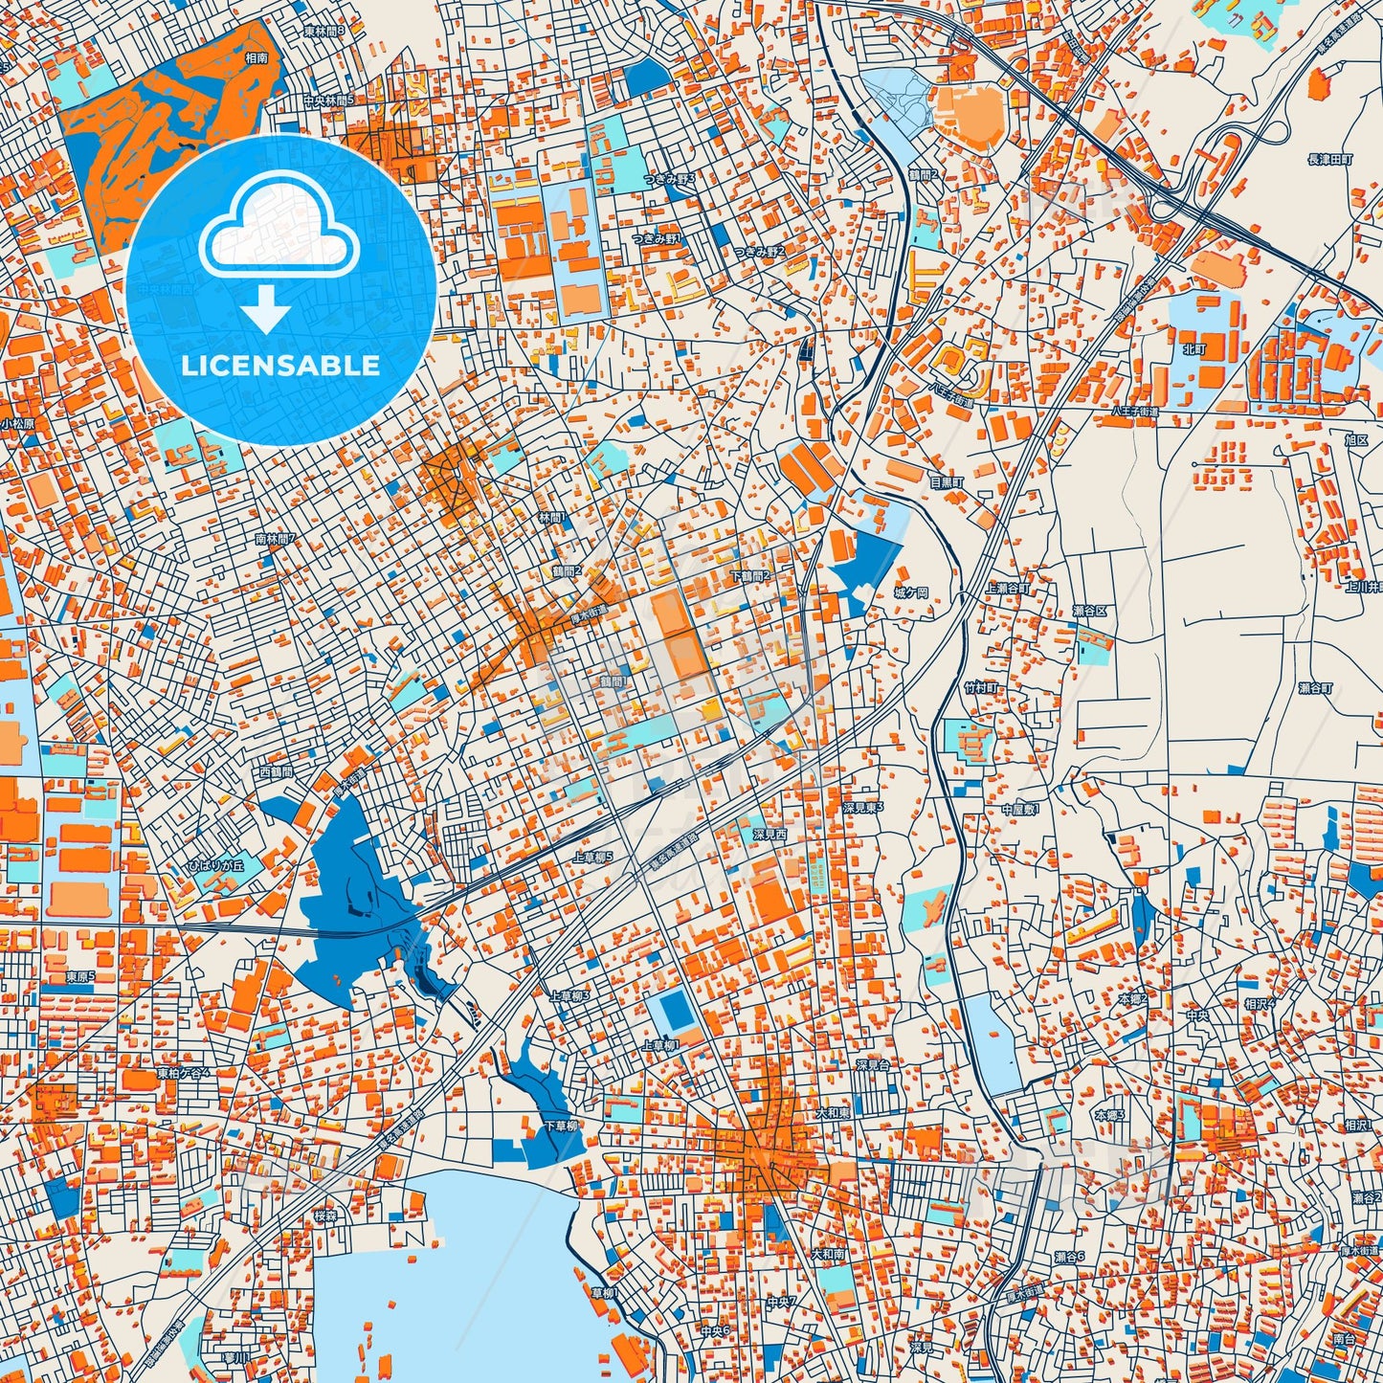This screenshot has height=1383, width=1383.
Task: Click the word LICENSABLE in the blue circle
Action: pos(280,366)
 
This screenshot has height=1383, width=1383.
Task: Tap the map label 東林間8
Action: pos(323,31)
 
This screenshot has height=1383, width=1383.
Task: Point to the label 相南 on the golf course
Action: pos(256,57)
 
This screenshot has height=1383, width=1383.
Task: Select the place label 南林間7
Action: pos(276,539)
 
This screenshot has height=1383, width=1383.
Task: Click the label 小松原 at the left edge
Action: pos(17,423)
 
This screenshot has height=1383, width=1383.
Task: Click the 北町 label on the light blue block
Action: pos(1194,349)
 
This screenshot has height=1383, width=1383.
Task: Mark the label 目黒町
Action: pos(946,483)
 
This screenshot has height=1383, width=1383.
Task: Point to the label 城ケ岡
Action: pos(910,593)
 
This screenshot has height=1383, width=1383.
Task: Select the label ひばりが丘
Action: pos(215,864)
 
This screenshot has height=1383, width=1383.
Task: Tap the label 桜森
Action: pos(325,1216)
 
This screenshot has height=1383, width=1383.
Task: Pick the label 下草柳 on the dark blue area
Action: pos(562,1126)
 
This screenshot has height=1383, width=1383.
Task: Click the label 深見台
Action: pos(872,1064)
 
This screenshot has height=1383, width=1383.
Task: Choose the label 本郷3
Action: pos(1110,1116)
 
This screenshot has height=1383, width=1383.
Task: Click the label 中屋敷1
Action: pos(1020,810)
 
